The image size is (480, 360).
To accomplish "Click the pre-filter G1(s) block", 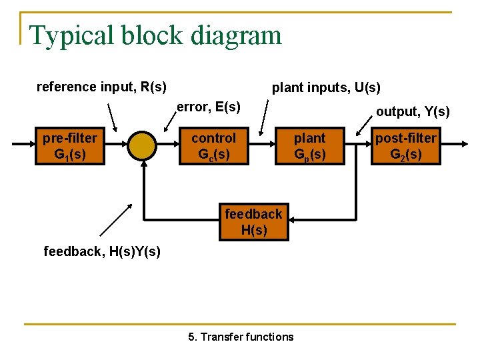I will [69, 147].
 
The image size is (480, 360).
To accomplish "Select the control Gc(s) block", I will [213, 147].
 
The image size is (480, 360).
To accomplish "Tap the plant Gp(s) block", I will [309, 147].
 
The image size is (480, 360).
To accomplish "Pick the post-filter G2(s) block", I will [405, 147].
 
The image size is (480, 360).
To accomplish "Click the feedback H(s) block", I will [253, 222].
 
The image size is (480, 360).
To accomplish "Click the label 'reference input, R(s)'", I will [101, 87].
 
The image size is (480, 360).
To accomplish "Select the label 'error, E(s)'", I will [208, 107].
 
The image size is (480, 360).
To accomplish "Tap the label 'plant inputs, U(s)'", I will [326, 87].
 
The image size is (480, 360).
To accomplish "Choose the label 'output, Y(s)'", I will [413, 111].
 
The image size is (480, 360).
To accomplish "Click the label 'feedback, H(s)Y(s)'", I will [102, 251].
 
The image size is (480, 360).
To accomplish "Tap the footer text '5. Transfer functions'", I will [241, 337].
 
